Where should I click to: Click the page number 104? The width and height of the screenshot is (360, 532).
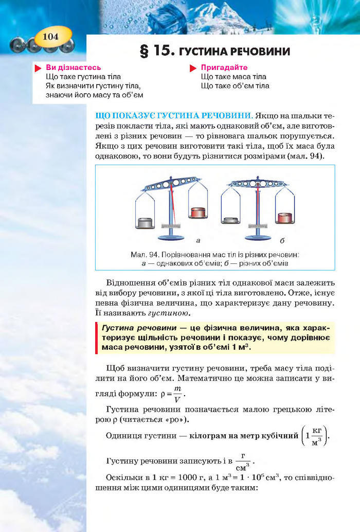click(51, 36)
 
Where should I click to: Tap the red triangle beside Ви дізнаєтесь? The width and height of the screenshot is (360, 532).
click(38, 68)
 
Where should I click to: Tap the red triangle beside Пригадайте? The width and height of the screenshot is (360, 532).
click(193, 68)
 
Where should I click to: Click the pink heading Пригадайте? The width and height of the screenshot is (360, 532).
click(224, 67)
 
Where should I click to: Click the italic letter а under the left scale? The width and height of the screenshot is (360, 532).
click(198, 240)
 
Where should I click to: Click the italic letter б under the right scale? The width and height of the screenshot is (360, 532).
click(282, 240)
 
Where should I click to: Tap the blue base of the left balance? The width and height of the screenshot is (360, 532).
click(170, 237)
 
